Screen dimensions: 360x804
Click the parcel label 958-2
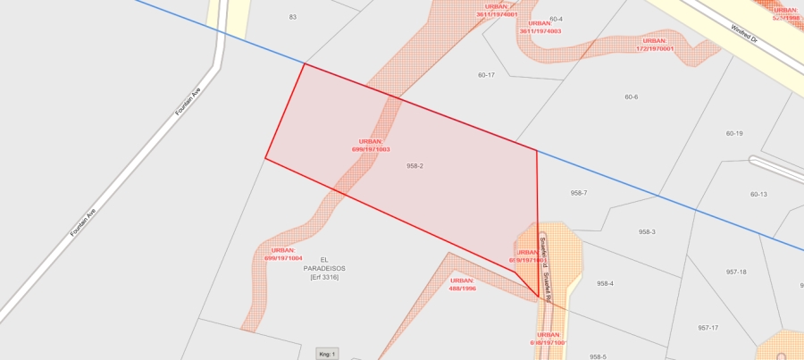pos(415,166)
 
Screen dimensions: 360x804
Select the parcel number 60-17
pos(486,75)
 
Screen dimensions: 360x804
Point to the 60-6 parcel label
pos(632,96)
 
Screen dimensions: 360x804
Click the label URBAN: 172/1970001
pos(655,44)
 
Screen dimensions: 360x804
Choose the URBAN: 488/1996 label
pos(462,284)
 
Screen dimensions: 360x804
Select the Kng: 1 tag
pos(327,355)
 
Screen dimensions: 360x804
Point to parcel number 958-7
pos(579,193)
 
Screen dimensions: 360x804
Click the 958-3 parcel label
pos(647,232)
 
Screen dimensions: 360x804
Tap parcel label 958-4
pos(606,283)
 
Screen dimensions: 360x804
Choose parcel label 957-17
pos(708,328)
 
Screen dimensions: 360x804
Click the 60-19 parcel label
pos(734,133)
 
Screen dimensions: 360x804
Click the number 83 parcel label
pos(292,17)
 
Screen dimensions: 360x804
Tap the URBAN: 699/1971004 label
pos(282,254)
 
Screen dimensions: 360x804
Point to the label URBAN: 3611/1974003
pos(540,28)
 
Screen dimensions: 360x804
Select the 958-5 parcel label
pos(598,356)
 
